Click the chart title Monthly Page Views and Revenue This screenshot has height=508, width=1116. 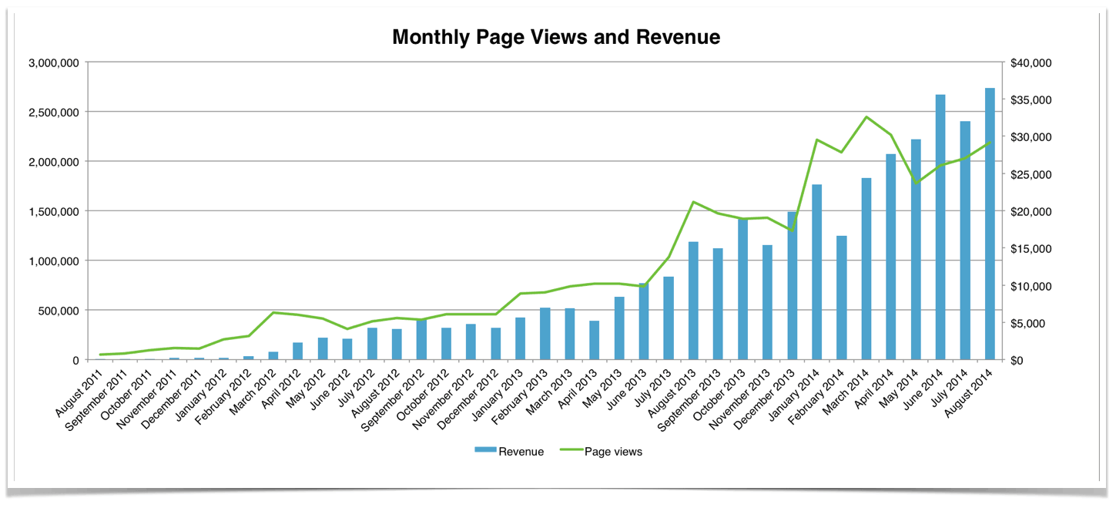pyautogui.click(x=556, y=37)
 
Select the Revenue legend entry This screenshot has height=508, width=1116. pyautogui.click(x=509, y=452)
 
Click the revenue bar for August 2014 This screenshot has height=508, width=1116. pyautogui.click(x=990, y=224)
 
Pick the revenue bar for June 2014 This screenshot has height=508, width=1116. pyautogui.click(x=940, y=227)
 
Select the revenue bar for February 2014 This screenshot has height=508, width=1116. pyautogui.click(x=841, y=298)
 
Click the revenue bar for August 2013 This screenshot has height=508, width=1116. pyautogui.click(x=693, y=301)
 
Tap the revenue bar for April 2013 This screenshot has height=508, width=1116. pyautogui.click(x=594, y=340)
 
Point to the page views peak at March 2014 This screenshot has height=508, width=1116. pyautogui.click(x=866, y=117)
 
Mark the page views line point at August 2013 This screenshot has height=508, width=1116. pyautogui.click(x=693, y=202)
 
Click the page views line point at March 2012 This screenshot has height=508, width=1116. pyautogui.click(x=273, y=312)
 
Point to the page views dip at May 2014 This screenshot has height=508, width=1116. pyautogui.click(x=916, y=183)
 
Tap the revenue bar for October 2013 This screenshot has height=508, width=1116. pyautogui.click(x=742, y=289)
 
